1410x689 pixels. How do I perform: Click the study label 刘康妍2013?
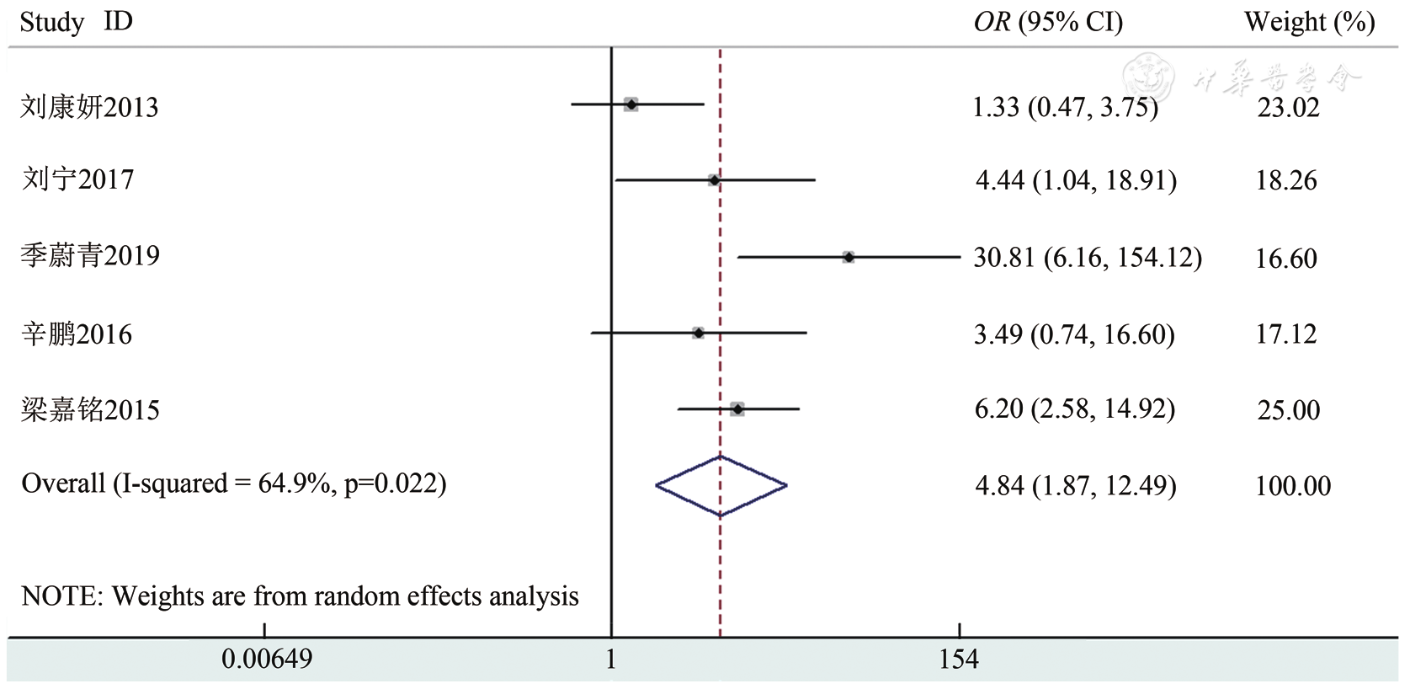[89, 107]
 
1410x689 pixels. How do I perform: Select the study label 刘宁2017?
[77, 179]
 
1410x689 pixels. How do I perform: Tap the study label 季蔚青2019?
[90, 255]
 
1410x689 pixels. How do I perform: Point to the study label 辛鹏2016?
[77, 334]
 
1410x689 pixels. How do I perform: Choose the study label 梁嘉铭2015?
[90, 410]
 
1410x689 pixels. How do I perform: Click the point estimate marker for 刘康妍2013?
[631, 104]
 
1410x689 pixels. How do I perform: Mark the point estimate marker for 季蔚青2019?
[849, 257]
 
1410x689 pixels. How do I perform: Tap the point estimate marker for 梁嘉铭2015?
[737, 409]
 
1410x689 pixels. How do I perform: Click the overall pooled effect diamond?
[721, 485]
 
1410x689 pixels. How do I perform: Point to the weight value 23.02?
[1288, 107]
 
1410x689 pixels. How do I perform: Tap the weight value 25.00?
[1288, 410]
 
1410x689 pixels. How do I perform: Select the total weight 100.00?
[1293, 486]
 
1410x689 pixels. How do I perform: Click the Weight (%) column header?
[1309, 23]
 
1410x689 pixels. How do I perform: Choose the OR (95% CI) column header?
[1048, 23]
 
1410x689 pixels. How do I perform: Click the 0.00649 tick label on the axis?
[267, 659]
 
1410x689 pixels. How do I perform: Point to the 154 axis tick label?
[959, 659]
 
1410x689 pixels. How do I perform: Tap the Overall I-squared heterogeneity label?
[234, 483]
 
